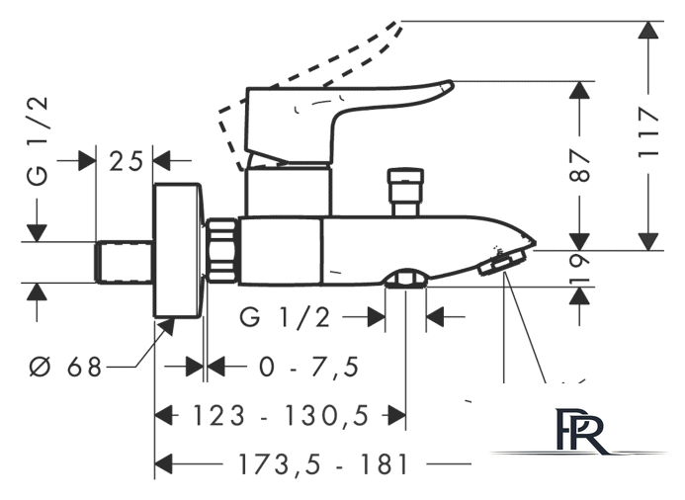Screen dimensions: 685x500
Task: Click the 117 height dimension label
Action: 648,133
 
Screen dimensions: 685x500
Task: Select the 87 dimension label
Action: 579,166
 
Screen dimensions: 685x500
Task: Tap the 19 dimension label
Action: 580,269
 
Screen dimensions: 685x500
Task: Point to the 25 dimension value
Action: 126,161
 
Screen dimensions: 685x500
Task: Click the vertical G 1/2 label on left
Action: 38,141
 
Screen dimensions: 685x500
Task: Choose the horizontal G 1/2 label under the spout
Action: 285,317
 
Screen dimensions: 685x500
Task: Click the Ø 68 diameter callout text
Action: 65,367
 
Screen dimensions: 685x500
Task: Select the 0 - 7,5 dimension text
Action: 309,367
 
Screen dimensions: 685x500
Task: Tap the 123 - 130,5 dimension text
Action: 281,415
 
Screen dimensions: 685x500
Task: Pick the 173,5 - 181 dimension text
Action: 323,464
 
